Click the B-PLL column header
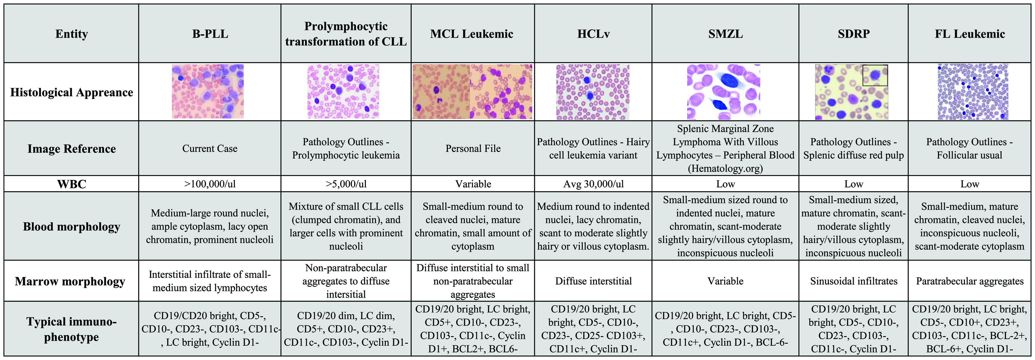[210, 34]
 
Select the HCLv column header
[593, 34]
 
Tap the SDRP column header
[853, 34]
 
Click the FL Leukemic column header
[970, 34]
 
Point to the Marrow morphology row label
[70, 281]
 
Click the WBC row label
[72, 184]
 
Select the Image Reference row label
[72, 149]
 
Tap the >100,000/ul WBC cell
[210, 184]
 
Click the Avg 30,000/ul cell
[593, 184]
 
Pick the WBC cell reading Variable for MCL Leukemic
[473, 184]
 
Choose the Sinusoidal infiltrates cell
[853, 281]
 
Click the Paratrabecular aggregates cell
[970, 281]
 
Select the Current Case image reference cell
[210, 149]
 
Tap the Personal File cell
[473, 149]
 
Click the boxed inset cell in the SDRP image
[875, 75]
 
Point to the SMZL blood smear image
[724, 92]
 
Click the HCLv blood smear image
[593, 92]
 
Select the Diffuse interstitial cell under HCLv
[593, 281]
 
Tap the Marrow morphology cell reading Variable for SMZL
[725, 281]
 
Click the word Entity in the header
[72, 34]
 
